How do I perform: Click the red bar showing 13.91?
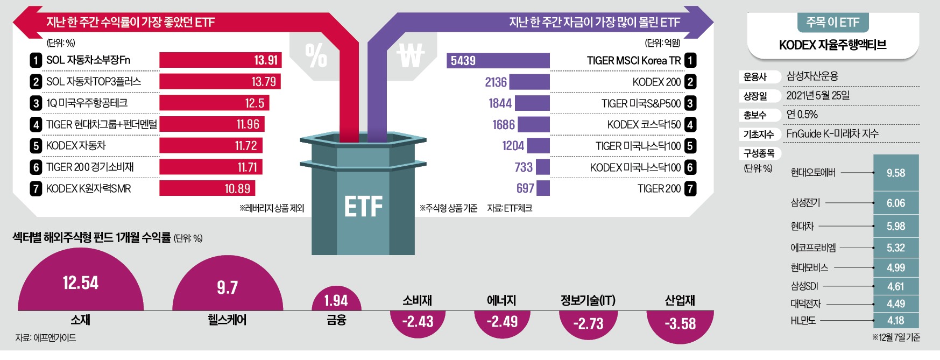[220, 60]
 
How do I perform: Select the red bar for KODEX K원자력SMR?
[207, 188]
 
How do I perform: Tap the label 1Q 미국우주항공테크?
[87, 103]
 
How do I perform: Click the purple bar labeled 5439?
[498, 60]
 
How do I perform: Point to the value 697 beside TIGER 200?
[525, 188]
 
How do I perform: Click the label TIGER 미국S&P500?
[641, 103]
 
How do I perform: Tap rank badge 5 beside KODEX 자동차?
[36, 146]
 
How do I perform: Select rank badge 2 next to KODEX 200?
[690, 82]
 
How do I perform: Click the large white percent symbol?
[316, 55]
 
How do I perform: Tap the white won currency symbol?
[410, 55]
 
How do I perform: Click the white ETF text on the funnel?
[363, 207]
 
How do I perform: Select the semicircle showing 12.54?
[81, 285]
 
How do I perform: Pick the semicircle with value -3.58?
[680, 323]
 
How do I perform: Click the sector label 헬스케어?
[227, 320]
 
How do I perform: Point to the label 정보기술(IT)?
[588, 300]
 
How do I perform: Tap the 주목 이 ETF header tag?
[832, 23]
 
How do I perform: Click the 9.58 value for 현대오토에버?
[895, 173]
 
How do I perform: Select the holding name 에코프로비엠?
[813, 248]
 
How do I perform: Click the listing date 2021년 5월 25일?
[818, 96]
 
